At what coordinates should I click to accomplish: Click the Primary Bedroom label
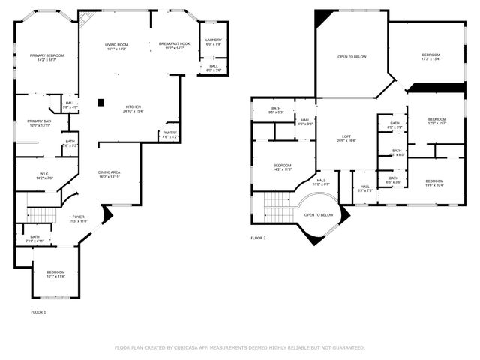pos(46,55)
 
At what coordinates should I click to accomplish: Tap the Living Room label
pos(115,45)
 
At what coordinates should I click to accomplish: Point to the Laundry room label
pos(214,40)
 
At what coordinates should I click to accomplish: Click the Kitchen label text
pos(133,106)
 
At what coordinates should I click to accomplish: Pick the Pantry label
pos(170,133)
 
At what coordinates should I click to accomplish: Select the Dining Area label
pos(109,172)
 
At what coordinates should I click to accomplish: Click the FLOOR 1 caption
pos(38,311)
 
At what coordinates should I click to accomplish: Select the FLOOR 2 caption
pos(258,238)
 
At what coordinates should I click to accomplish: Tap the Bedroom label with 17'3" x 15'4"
pos(430,55)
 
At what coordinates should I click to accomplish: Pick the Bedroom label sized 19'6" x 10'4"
pos(435,181)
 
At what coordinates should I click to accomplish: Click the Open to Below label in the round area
pos(319,214)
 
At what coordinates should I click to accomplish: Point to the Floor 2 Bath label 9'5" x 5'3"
pos(276,108)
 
